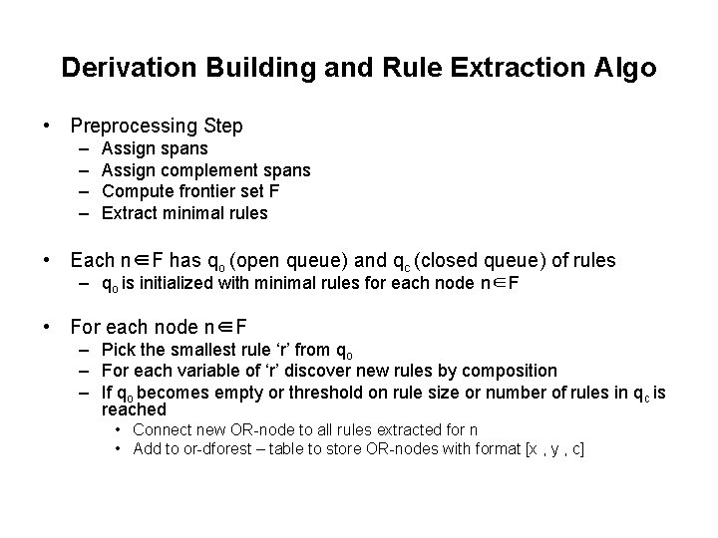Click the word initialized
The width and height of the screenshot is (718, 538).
[x=179, y=284]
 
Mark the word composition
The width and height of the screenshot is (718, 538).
[x=512, y=371]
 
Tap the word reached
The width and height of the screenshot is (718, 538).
[x=134, y=409]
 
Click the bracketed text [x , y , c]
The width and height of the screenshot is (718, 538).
[x=546, y=450]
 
